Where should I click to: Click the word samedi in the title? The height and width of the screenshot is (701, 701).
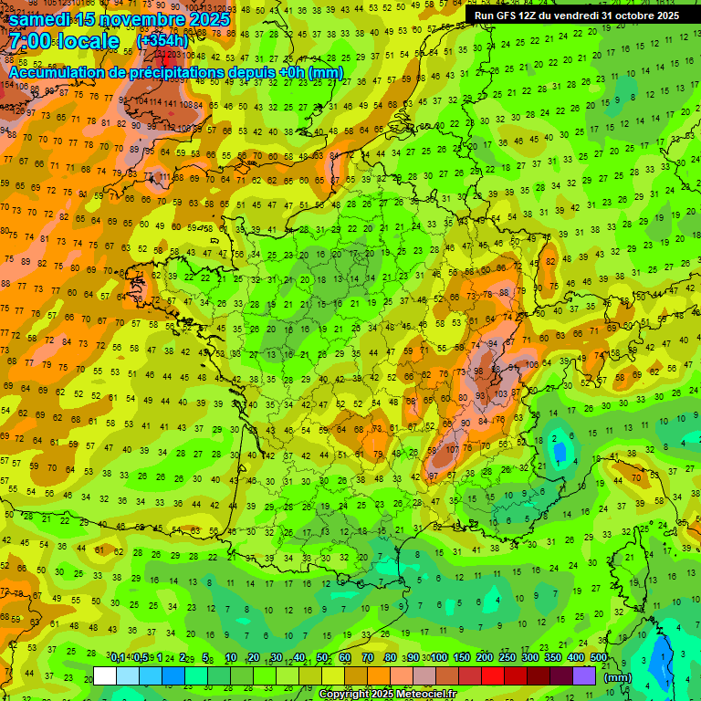point(42,18)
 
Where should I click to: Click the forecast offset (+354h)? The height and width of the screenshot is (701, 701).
point(162,41)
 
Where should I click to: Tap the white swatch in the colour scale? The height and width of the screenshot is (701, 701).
point(105,675)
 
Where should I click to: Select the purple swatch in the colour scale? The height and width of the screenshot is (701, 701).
point(585,675)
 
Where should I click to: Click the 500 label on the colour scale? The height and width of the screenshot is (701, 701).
point(599,658)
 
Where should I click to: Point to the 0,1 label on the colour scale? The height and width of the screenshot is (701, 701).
point(117,658)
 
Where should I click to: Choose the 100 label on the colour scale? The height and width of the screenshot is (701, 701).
point(438,658)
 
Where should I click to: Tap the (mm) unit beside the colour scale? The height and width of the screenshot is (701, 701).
point(618,677)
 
